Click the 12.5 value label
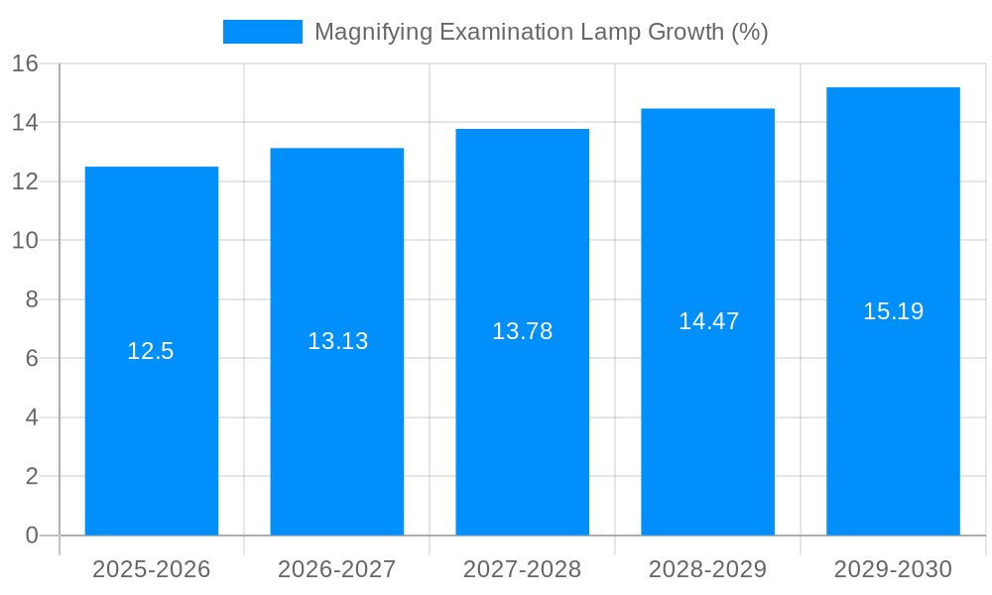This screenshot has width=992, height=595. [x=151, y=351]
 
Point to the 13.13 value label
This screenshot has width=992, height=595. [x=337, y=341]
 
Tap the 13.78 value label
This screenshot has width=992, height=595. [x=522, y=331]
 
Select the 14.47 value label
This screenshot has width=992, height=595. [x=708, y=321]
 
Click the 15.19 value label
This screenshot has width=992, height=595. [x=893, y=311]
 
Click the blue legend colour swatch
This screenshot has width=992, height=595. [x=263, y=32]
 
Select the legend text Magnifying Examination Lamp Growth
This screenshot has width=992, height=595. [x=541, y=32]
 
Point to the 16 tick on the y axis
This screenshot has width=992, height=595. [x=25, y=63]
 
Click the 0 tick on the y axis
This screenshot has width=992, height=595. [x=32, y=535]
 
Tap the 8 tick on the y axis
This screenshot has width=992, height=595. [x=32, y=299]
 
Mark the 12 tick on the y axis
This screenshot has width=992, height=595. [x=25, y=181]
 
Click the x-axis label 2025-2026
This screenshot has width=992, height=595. [x=152, y=569]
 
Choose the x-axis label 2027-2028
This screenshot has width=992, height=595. [x=523, y=569]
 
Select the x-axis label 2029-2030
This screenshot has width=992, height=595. [x=893, y=569]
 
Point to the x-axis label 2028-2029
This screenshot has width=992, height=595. [x=707, y=569]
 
